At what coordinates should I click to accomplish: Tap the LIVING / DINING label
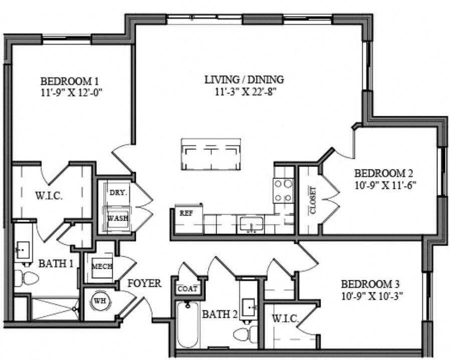(x=244, y=80)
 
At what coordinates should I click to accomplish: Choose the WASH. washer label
(x=118, y=219)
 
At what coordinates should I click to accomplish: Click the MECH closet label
(x=102, y=266)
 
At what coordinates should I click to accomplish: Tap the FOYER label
(x=144, y=284)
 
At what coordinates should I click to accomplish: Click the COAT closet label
(x=187, y=289)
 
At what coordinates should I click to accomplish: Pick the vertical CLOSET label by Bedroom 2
(x=313, y=201)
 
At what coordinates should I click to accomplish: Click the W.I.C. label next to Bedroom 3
(x=285, y=318)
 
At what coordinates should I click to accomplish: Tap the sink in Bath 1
(x=22, y=249)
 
